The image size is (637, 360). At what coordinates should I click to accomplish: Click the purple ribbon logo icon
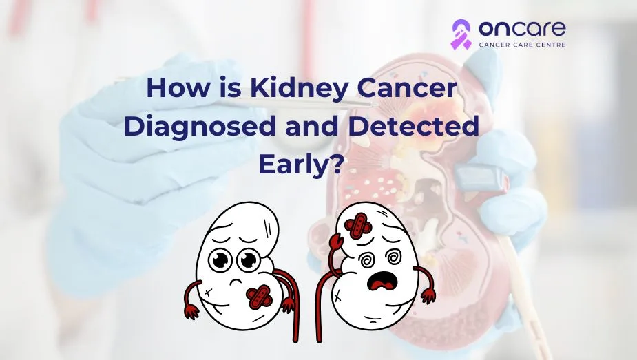[x=461, y=34]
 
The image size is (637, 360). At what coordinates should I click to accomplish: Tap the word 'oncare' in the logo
[x=522, y=28]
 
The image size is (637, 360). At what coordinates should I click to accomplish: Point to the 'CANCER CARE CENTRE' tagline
[x=522, y=45]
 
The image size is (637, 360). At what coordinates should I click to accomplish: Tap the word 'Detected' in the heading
[x=414, y=126]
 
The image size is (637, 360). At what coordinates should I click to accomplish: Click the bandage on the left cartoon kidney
[x=259, y=297]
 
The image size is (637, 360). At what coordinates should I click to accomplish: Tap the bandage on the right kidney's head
[x=357, y=226]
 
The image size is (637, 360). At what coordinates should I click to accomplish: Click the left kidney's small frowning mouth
[x=236, y=280]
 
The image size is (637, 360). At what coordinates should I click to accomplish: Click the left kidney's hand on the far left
[x=191, y=311]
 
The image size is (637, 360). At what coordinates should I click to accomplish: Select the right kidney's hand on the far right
[x=428, y=295]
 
